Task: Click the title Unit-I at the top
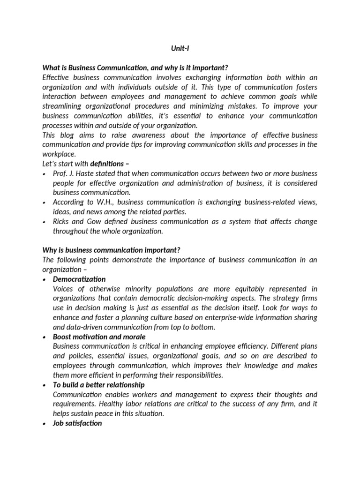180,48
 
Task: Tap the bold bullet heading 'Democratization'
79,279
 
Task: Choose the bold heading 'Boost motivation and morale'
99,337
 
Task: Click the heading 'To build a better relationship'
98,384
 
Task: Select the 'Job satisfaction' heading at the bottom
77,423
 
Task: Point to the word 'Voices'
64,288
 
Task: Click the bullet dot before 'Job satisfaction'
44,423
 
